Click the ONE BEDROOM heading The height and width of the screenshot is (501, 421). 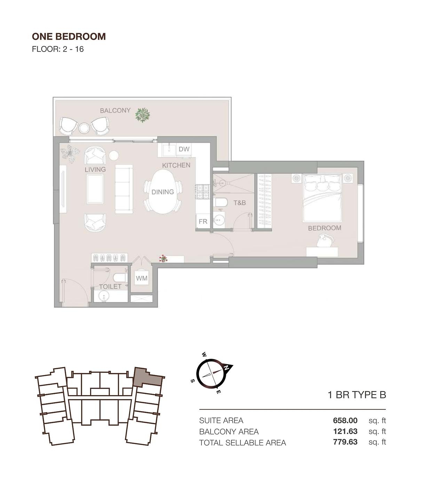(69, 37)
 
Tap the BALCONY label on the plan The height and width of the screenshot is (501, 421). (115, 111)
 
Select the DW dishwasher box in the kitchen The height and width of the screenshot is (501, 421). (184, 149)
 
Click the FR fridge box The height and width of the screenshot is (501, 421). (203, 221)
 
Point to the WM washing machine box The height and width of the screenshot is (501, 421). (142, 278)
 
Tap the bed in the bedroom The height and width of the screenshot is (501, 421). (322, 198)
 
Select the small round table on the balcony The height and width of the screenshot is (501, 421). (84, 128)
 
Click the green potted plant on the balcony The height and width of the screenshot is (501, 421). (143, 115)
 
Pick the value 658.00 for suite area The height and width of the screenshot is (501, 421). (345, 420)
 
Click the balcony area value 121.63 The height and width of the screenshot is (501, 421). (345, 431)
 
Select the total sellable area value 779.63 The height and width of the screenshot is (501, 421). (345, 442)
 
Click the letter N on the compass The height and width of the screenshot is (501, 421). (227, 367)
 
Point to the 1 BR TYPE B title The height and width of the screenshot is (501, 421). (357, 395)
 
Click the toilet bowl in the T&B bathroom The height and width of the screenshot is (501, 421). (221, 202)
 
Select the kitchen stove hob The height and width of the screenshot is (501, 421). (202, 192)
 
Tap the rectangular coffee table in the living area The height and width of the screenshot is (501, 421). (95, 189)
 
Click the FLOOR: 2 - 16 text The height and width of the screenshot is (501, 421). (58, 49)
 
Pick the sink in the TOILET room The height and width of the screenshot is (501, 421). (104, 296)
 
